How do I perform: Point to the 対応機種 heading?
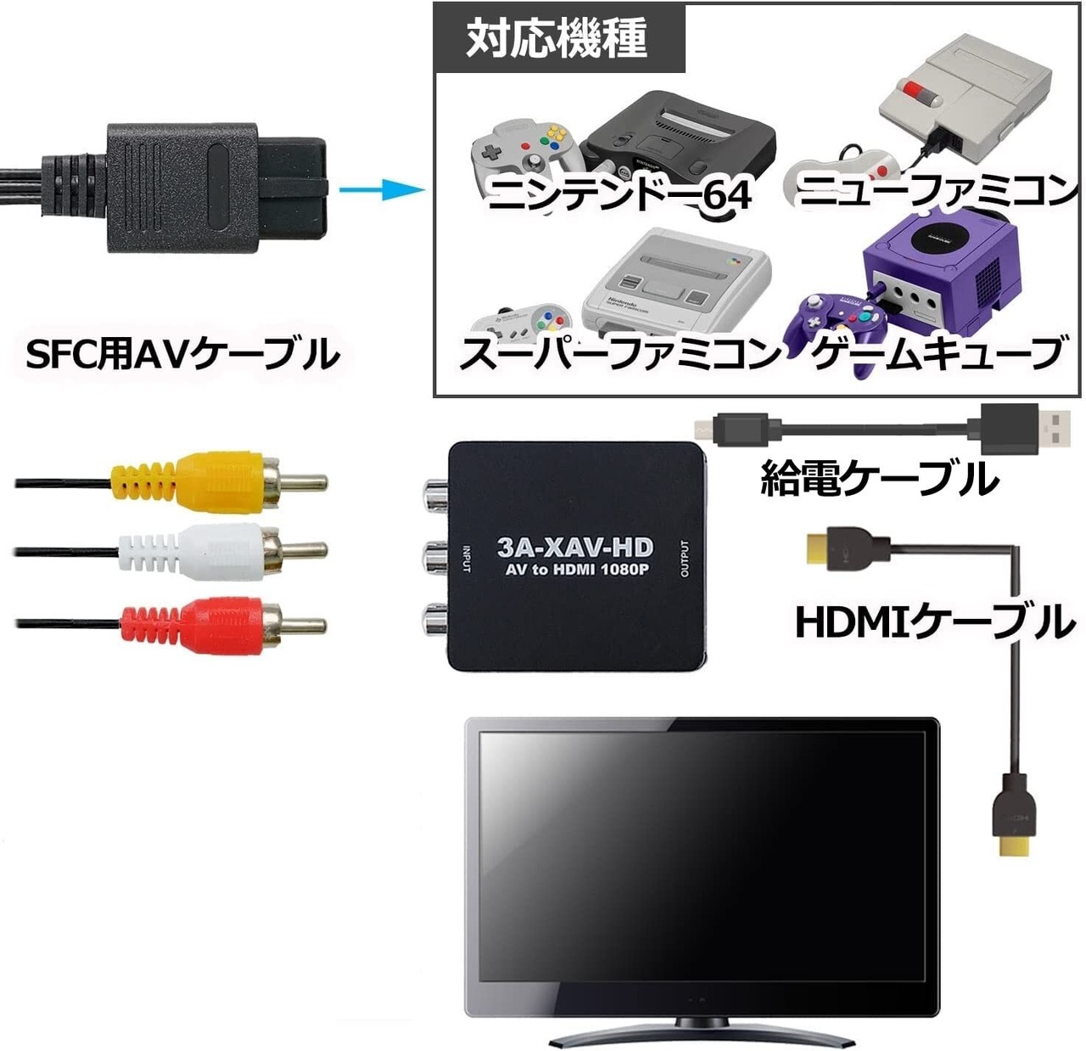coord(557,39)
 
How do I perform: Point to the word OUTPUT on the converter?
coord(686,558)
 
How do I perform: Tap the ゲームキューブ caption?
coord(937,353)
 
